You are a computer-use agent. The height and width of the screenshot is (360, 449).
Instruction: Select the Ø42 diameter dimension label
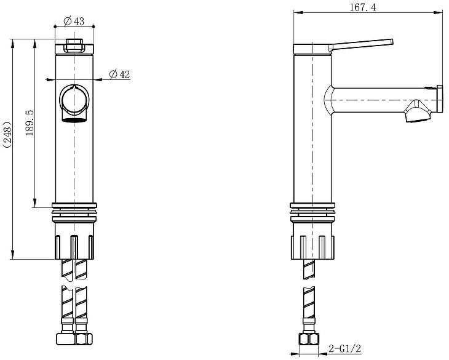pyautogui.click(x=119, y=74)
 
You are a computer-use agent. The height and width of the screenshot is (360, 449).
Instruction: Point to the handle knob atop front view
pyautogui.click(x=74, y=45)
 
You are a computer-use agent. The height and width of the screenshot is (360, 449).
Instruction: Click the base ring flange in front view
pyautogui.click(x=74, y=206)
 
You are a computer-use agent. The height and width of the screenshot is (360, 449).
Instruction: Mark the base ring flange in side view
pyautogui.click(x=312, y=206)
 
